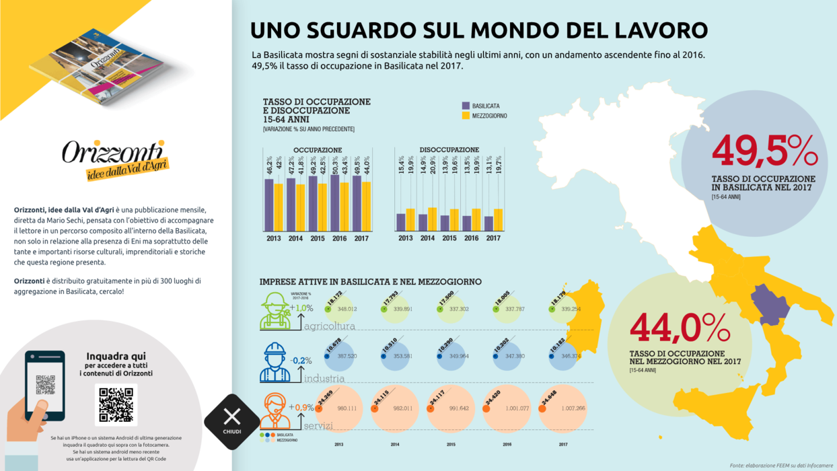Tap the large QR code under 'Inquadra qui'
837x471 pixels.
(116, 404)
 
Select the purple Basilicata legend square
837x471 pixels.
(466, 106)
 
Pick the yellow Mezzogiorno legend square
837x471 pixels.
(466, 116)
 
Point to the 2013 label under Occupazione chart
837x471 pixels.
(274, 238)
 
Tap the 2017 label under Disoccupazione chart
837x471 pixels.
(493, 238)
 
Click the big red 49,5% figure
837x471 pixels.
(764, 151)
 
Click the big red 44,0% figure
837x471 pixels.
(680, 328)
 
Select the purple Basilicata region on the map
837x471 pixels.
(772, 304)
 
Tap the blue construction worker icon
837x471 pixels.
(275, 363)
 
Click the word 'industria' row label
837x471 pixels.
(324, 379)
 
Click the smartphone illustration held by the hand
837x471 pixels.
(45, 386)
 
